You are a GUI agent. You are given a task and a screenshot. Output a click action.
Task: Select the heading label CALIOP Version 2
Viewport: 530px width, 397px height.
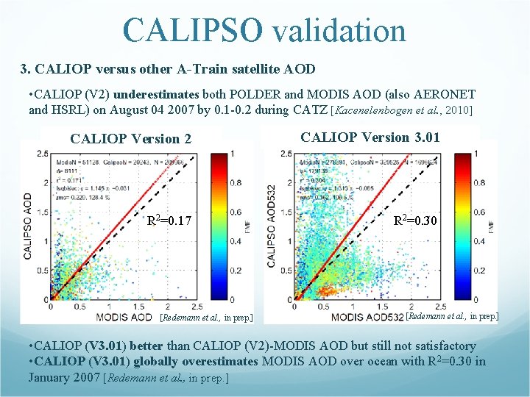[130, 139]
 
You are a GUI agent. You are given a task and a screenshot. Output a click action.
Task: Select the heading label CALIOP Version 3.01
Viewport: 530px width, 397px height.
[371, 137]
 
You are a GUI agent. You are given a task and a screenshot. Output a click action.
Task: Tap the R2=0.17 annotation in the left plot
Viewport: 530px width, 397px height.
[169, 219]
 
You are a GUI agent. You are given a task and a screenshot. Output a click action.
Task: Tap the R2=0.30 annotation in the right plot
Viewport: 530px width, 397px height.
[417, 219]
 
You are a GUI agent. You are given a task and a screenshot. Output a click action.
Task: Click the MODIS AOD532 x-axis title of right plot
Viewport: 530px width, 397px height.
[366, 317]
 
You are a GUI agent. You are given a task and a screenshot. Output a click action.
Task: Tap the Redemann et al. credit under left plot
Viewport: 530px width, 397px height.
[206, 318]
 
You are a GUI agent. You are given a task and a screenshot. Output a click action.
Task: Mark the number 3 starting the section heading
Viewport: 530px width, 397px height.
[24, 69]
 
